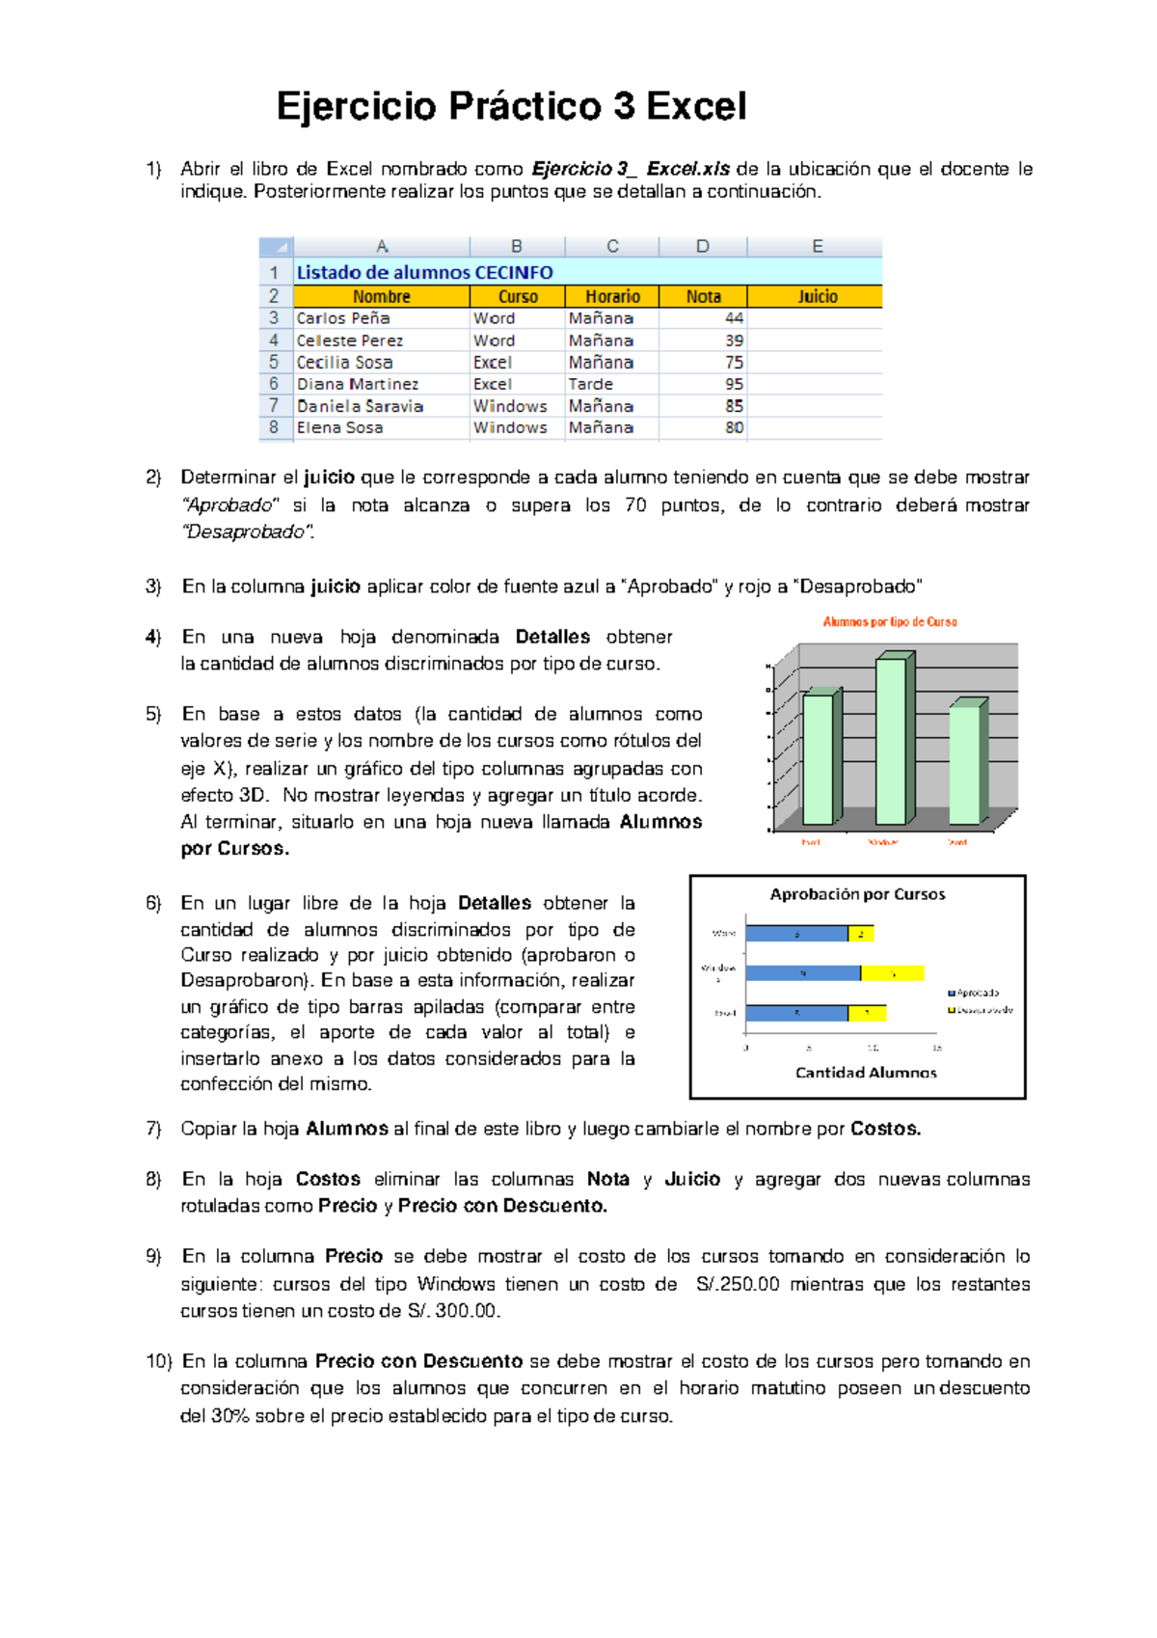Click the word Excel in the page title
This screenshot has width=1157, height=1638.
point(696,106)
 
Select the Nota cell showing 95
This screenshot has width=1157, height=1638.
point(734,384)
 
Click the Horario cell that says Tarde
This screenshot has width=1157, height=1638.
point(590,384)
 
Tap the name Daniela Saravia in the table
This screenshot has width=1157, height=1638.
point(360,406)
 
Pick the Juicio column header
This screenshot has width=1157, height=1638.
point(817,296)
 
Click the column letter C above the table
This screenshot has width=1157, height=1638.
point(612,246)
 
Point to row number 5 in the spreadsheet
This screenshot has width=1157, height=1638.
point(274,362)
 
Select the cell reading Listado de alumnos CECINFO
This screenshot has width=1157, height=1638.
point(424,272)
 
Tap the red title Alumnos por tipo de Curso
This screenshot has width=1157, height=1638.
point(889,622)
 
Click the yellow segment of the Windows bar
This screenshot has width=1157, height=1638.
point(892,973)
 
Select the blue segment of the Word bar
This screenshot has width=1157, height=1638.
point(796,934)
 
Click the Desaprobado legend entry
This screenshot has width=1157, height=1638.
point(981,1010)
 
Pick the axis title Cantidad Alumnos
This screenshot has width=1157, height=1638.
point(866,1073)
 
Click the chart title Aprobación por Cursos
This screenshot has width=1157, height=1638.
point(857,894)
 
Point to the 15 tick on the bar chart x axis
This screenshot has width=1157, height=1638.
point(936,1048)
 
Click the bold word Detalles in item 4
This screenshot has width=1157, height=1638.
point(552,637)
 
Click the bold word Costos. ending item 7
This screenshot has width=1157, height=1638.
point(885,1129)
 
